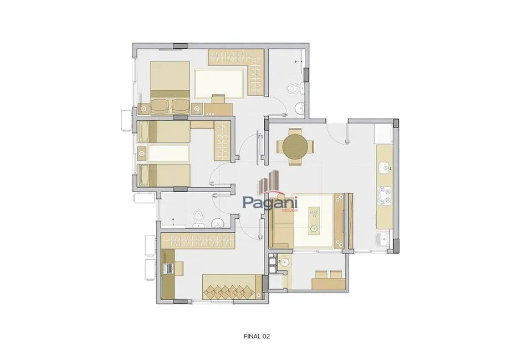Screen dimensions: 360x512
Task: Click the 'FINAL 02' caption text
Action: [257, 336]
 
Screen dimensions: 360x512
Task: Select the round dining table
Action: [295, 147]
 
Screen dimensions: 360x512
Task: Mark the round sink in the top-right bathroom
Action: [299, 107]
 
